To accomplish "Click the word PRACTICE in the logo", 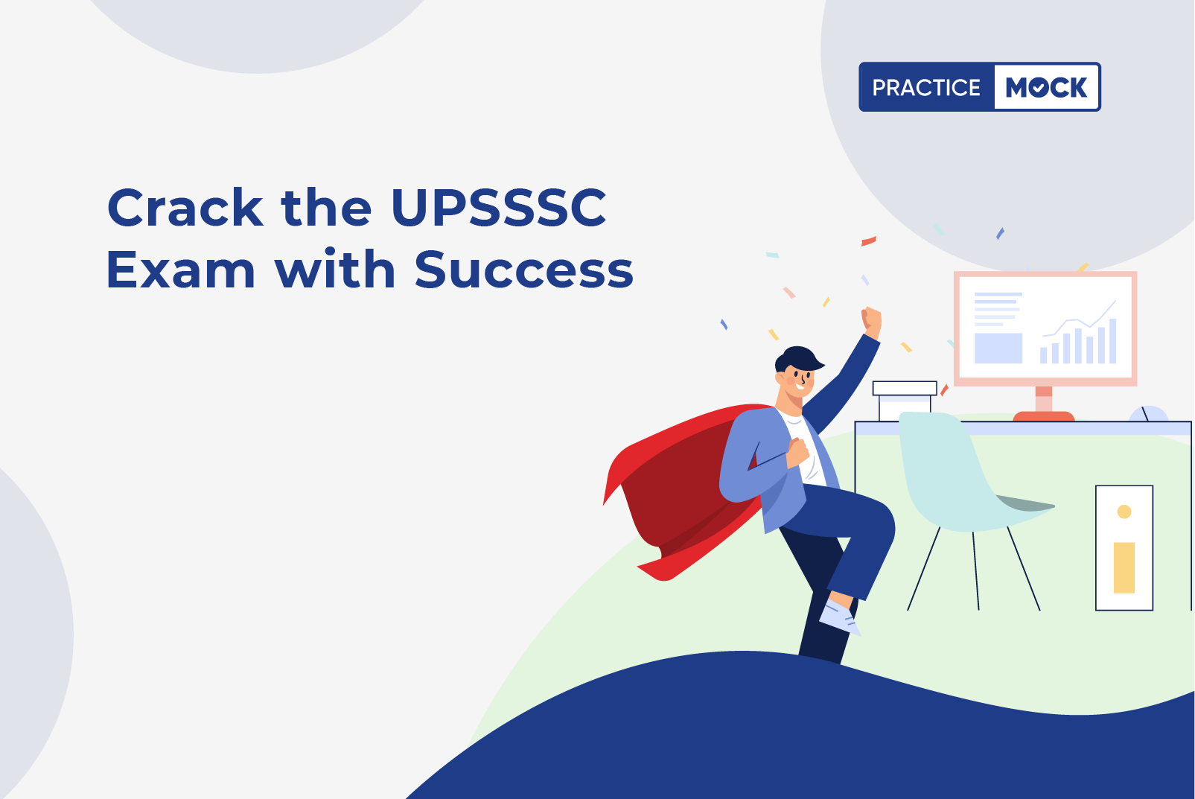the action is (x=926, y=87).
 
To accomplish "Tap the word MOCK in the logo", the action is (x=1046, y=87).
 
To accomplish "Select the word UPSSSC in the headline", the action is (x=499, y=208).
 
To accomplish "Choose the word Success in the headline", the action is (x=524, y=270).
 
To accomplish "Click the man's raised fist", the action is (x=871, y=322).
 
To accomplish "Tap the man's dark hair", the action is (x=798, y=358).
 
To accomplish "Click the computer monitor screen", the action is (x=1045, y=328).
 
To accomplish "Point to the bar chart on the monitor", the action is (x=1078, y=341).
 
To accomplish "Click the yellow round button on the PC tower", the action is (x=1124, y=512).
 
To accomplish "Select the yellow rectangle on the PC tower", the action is (x=1124, y=567).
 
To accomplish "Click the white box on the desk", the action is (x=904, y=400).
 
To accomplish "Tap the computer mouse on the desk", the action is (x=1149, y=414).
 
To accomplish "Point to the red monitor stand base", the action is (x=1044, y=416).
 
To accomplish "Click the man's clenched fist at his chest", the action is (x=798, y=452).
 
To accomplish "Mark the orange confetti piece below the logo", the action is (x=868, y=241).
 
